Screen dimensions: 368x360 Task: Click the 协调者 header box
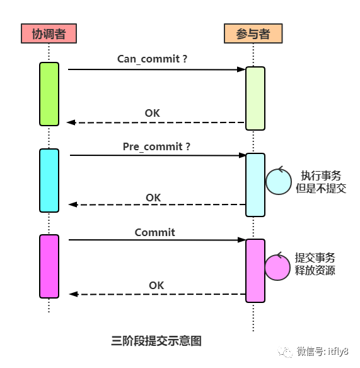(49, 33)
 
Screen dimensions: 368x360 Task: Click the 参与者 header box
(253, 33)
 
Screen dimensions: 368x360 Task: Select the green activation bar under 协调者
(49, 93)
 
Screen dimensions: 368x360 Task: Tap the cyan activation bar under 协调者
(49, 181)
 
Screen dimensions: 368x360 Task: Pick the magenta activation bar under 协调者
(49, 266)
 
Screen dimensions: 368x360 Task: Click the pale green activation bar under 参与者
(255, 98)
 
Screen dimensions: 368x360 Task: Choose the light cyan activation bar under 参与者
(255, 184)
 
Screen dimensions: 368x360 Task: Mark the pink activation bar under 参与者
(255, 270)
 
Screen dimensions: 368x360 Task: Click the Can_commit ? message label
(153, 59)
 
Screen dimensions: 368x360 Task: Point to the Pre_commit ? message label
(156, 146)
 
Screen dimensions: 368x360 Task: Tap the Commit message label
(155, 232)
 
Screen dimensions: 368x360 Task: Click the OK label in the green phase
(152, 113)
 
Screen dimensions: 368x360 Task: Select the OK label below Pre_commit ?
(153, 198)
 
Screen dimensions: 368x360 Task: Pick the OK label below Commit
(156, 285)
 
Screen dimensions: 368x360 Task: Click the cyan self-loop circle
(277, 181)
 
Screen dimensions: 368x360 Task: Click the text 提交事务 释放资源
(315, 264)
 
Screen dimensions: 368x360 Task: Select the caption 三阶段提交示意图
(156, 340)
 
